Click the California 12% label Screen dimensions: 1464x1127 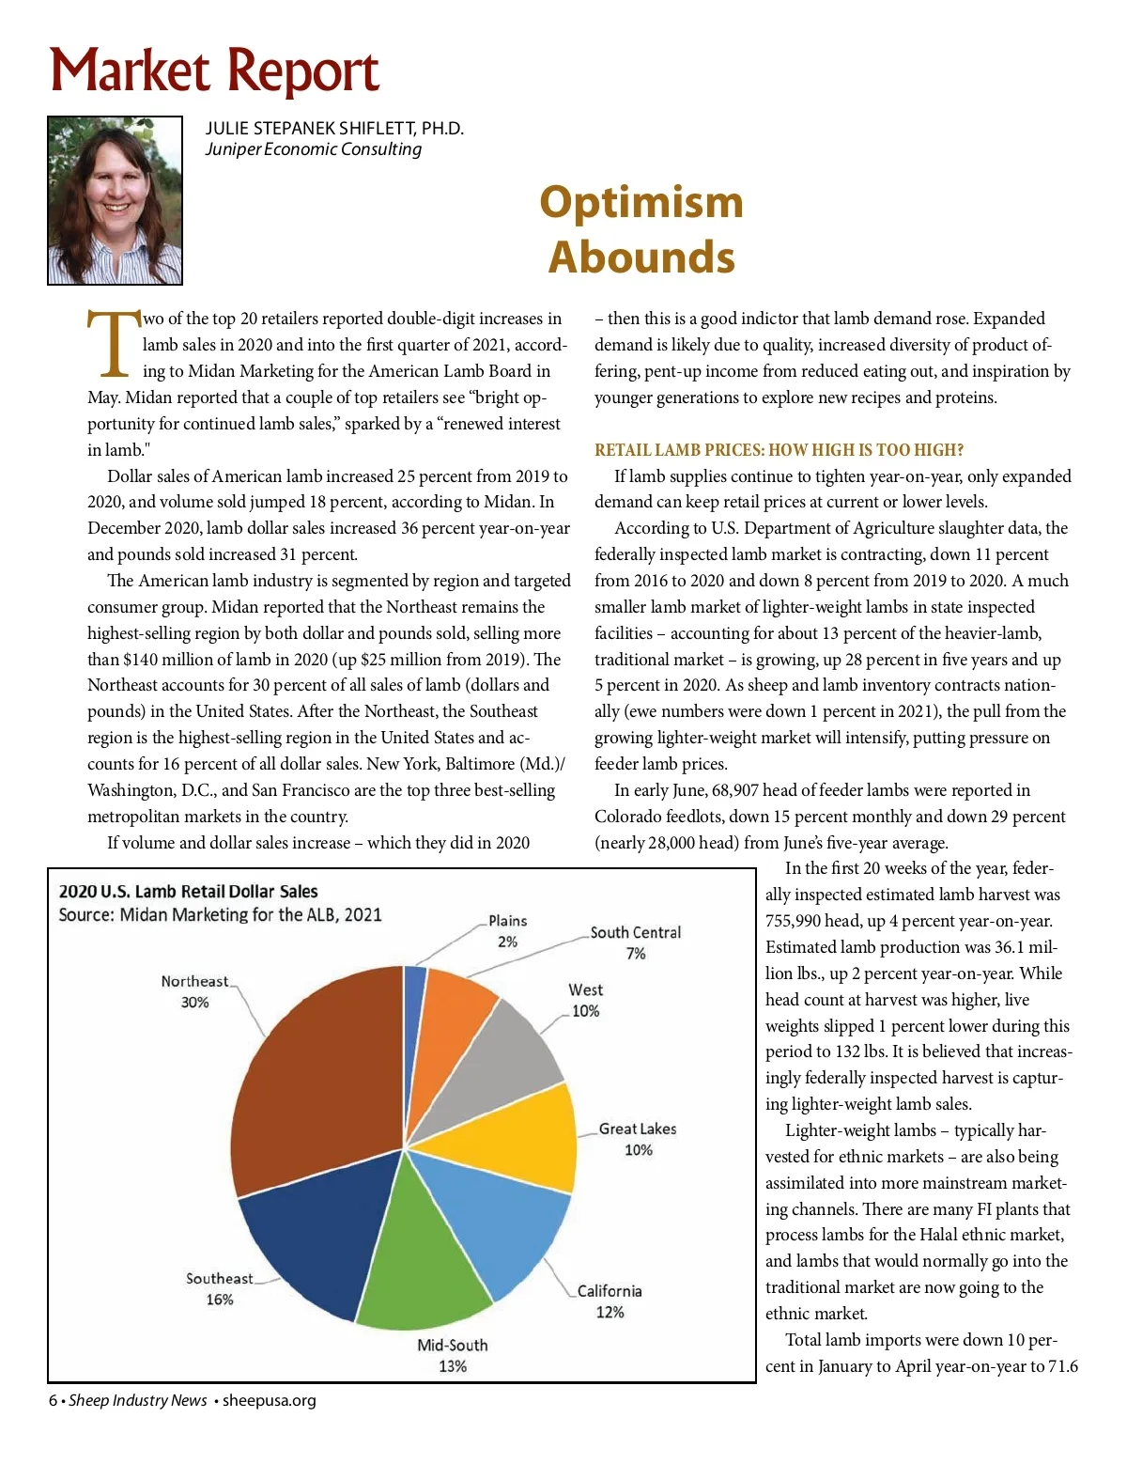pyautogui.click(x=610, y=1301)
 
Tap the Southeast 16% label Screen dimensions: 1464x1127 pyautogui.click(x=220, y=1289)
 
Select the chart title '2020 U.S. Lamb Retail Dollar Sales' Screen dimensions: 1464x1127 pyautogui.click(x=188, y=891)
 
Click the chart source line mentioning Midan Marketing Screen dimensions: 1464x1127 pyautogui.click(x=220, y=914)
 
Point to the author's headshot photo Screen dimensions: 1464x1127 pyautogui.click(x=115, y=200)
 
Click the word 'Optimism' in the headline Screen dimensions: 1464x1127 pyautogui.click(x=641, y=202)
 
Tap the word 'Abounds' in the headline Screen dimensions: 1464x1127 pyautogui.click(x=641, y=257)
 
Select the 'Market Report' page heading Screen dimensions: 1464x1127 pyautogui.click(x=214, y=71)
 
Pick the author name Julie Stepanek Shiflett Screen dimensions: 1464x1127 pyautogui.click(x=334, y=129)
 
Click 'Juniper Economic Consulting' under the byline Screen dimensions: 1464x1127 pyautogui.click(x=314, y=149)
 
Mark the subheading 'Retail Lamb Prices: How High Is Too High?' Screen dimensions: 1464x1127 pyautogui.click(x=779, y=450)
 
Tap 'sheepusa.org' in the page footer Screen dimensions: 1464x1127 pyautogui.click(x=269, y=1400)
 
